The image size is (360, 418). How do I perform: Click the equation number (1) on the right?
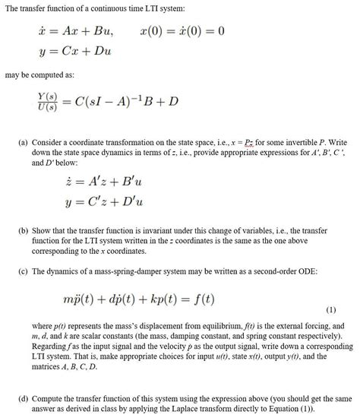[x=331, y=310]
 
